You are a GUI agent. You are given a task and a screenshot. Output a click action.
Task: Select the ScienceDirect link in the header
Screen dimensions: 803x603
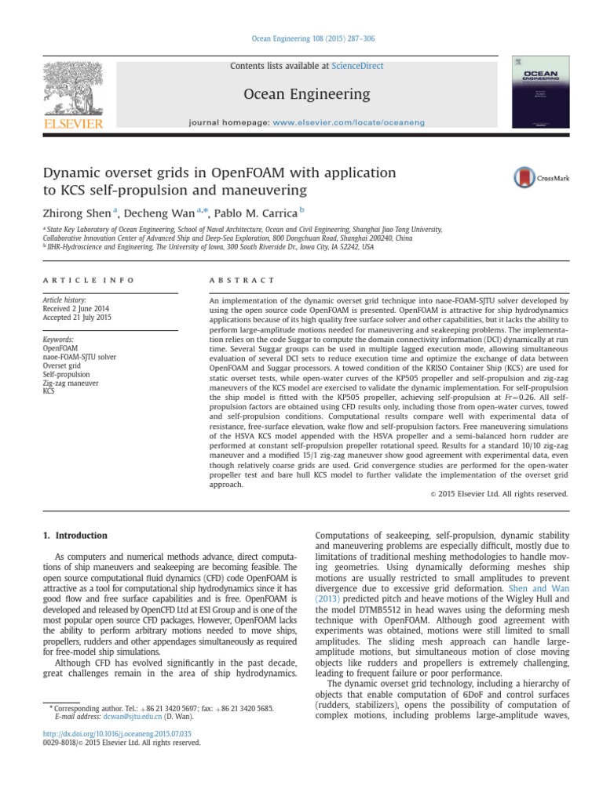coord(357,66)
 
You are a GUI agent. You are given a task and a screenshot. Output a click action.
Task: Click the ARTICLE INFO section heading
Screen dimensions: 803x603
coord(88,280)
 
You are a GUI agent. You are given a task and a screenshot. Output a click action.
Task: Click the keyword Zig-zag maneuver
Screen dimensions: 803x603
coord(71,383)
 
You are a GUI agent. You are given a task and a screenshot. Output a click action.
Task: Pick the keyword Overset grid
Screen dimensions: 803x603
coord(62,365)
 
